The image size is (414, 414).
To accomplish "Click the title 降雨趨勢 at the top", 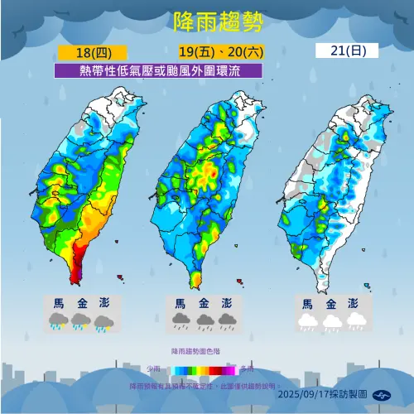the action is click(x=207, y=21).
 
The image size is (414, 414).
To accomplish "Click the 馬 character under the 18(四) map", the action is click(x=59, y=304).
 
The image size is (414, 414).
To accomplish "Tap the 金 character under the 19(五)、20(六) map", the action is click(x=204, y=304).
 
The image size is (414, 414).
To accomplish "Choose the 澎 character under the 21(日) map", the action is click(x=354, y=304).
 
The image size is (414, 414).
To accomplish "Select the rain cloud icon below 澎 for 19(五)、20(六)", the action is click(x=227, y=321).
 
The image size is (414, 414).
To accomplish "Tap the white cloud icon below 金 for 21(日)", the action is click(x=332, y=321).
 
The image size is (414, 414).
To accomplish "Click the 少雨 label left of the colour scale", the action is click(x=154, y=368).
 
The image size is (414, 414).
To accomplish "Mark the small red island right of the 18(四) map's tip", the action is click(x=121, y=277).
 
